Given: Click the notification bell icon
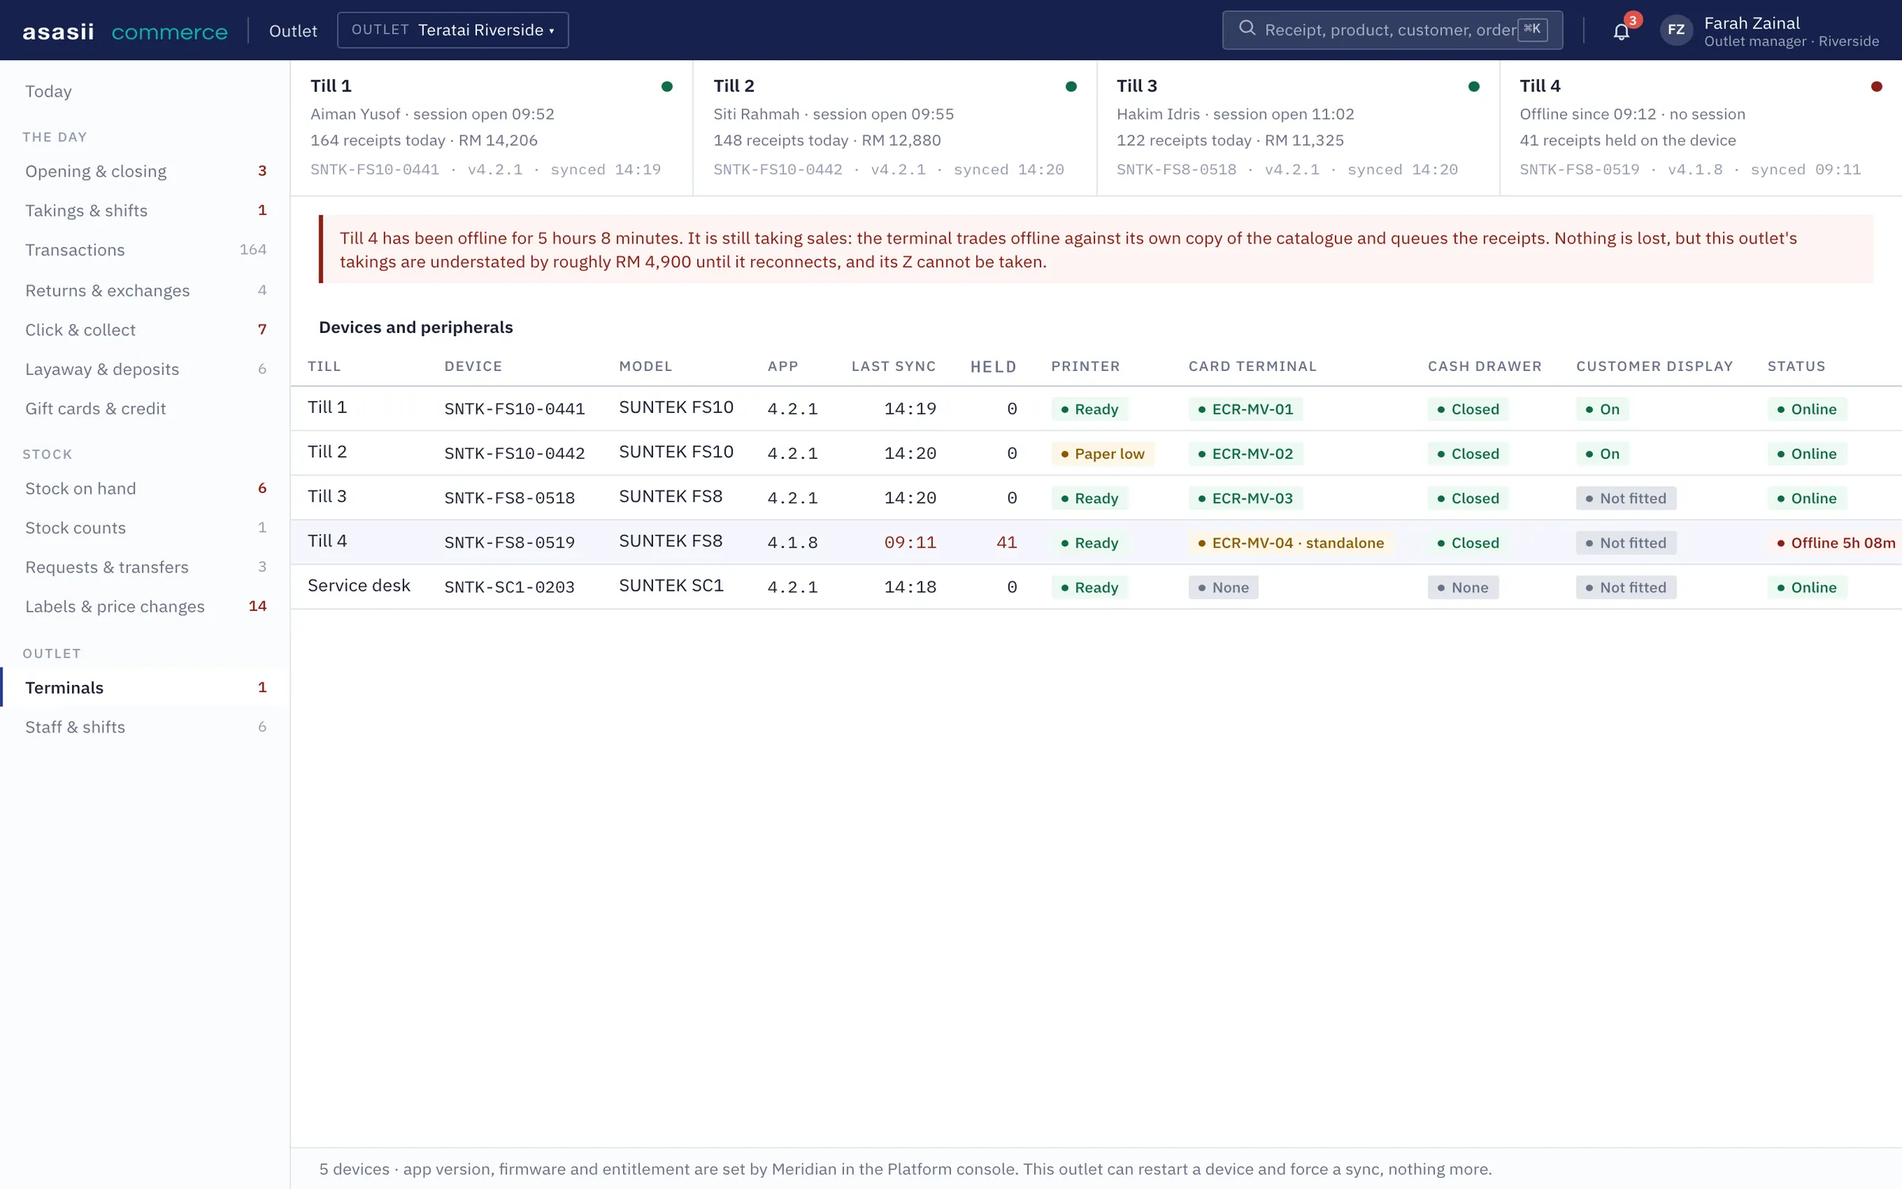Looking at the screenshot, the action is tap(1621, 32).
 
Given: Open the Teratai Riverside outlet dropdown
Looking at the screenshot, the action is tap(453, 30).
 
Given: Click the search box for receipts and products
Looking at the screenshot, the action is tap(1392, 30).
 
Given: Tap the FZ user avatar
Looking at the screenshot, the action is tap(1676, 30).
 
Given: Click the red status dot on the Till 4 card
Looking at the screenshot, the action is tap(1876, 86).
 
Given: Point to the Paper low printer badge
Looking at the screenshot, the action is tap(1102, 454).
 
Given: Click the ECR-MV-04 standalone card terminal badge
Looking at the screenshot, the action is tap(1291, 543).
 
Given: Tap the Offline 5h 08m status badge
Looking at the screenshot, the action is tap(1834, 543).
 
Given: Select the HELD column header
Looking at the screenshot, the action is tap(993, 367).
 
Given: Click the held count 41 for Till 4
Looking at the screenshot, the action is tap(1006, 543).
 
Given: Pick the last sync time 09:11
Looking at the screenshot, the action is tap(910, 543).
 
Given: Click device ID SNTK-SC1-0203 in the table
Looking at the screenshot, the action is tap(510, 587).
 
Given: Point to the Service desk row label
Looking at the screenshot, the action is tap(359, 586).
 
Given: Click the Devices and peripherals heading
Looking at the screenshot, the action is tap(416, 327).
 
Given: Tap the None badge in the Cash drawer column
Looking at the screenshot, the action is tap(1463, 587).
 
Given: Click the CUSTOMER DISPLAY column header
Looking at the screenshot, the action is tap(1655, 366).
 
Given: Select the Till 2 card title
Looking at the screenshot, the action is tap(734, 86).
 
